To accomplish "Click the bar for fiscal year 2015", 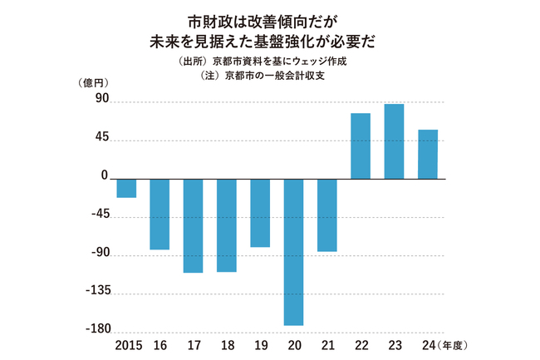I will [126, 188].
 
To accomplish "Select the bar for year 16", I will [160, 214].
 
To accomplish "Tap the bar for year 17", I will [193, 225].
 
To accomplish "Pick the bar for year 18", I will [227, 224].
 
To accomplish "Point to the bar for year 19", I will [260, 213].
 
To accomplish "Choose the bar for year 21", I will [327, 215].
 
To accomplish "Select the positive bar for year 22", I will [361, 145].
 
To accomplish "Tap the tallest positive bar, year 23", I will [394, 141].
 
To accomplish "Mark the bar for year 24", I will [428, 154].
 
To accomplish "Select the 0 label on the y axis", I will [105, 176].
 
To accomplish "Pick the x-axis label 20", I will [293, 345].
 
